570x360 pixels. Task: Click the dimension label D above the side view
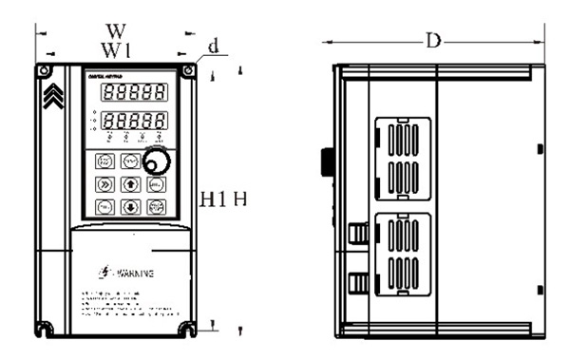(432, 41)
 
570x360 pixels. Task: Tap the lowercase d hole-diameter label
(214, 44)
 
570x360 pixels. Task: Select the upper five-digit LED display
(129, 94)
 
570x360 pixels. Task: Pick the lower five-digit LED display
(129, 123)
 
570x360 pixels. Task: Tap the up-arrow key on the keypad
(130, 184)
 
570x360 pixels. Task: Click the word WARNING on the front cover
(134, 274)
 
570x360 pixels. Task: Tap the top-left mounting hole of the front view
(44, 71)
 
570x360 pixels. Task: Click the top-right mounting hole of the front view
(190, 71)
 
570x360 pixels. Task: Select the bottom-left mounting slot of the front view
(45, 329)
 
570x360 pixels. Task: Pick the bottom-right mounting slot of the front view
(190, 329)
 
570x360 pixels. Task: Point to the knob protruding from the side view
(329, 161)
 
